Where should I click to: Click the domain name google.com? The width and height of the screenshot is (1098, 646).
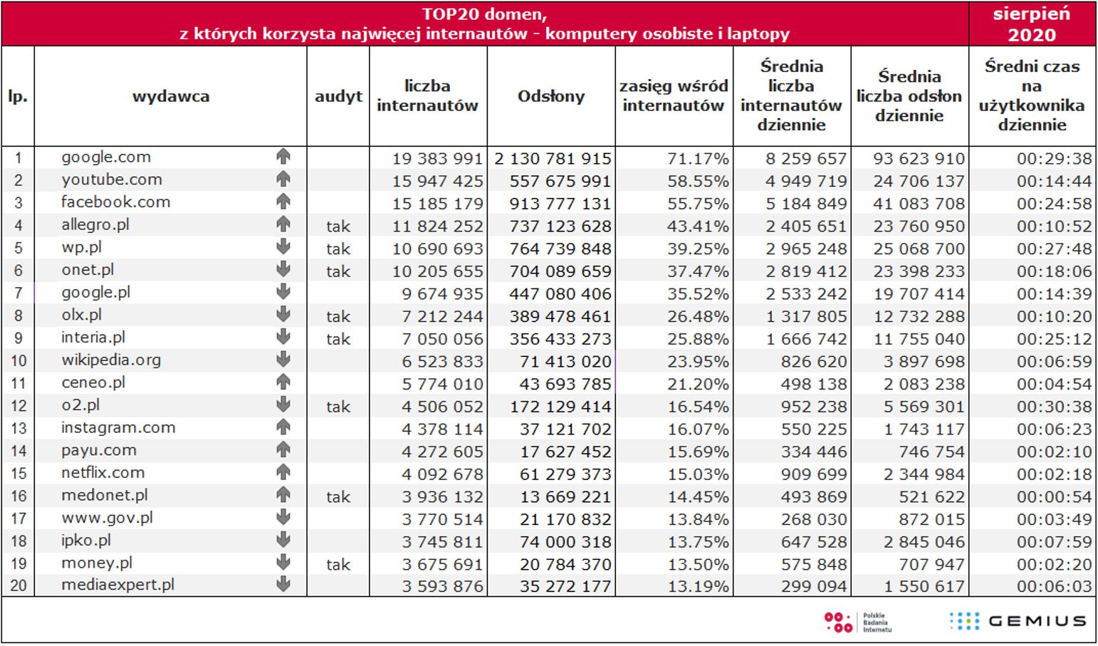point(106,157)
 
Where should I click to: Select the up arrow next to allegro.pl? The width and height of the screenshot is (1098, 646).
point(283,224)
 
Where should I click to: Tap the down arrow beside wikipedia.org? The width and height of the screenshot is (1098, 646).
point(283,360)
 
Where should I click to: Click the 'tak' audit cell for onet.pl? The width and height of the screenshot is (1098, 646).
point(338,271)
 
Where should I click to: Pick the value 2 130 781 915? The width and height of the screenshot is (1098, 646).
point(553,159)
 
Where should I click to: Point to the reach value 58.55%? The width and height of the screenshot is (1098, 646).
point(698,181)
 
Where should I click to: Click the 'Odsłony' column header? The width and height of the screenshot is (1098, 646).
point(551,96)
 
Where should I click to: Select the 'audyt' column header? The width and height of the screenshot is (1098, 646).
point(338,96)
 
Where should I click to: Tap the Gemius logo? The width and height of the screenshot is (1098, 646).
point(1018,621)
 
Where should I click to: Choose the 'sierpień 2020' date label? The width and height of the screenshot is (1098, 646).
point(1032,24)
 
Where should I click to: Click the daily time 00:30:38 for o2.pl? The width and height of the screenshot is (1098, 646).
point(1054,407)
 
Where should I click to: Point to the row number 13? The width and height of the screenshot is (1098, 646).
point(19,429)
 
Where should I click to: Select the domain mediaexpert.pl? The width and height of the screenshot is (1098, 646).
point(118,585)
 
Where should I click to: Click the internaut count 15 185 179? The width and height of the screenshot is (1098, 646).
point(437,204)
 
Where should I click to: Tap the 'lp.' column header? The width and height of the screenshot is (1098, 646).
point(18,96)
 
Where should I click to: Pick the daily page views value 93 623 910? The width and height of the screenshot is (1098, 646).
point(919,159)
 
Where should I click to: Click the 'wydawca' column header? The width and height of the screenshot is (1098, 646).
point(171,96)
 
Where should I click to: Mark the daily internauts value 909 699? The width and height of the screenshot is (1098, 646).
point(814,474)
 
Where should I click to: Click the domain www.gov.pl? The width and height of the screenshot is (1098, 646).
point(108,518)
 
